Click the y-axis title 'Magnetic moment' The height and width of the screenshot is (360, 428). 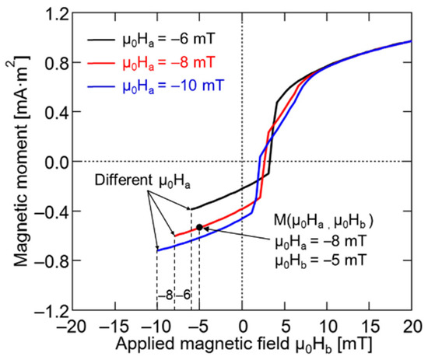pos(13,160)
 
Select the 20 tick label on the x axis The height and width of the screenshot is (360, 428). pos(412,325)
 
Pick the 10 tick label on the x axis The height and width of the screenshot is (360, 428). pos(327,325)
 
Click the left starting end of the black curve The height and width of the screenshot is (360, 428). pos(191,208)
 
